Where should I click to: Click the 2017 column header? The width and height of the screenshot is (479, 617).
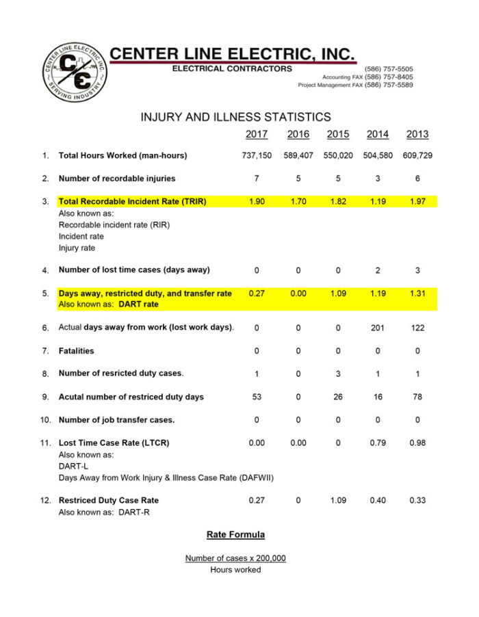257,134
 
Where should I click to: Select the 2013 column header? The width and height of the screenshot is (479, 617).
417,134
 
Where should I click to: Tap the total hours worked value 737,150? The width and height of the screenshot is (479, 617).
257,156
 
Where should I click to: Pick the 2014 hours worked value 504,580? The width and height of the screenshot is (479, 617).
378,156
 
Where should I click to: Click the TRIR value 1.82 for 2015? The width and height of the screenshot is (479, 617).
337,202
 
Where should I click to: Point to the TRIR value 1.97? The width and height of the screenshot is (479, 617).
417,202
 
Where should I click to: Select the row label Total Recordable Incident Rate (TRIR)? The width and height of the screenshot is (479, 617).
132,202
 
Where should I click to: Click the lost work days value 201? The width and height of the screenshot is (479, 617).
378,328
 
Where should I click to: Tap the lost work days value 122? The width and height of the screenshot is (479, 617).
417,328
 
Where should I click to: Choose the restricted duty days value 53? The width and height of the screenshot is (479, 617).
257,397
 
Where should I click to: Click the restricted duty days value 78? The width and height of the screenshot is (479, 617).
417,397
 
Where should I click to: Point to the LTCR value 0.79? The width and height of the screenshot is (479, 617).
378,443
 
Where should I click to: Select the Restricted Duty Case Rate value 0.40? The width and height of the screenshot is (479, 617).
378,500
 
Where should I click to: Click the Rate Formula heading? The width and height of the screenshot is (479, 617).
235,534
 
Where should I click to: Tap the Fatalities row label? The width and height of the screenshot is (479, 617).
77,351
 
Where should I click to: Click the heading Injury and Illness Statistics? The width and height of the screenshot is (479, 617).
235,117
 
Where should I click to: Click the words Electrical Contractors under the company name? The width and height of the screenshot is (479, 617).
232,68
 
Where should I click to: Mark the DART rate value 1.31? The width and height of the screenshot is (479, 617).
417,293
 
